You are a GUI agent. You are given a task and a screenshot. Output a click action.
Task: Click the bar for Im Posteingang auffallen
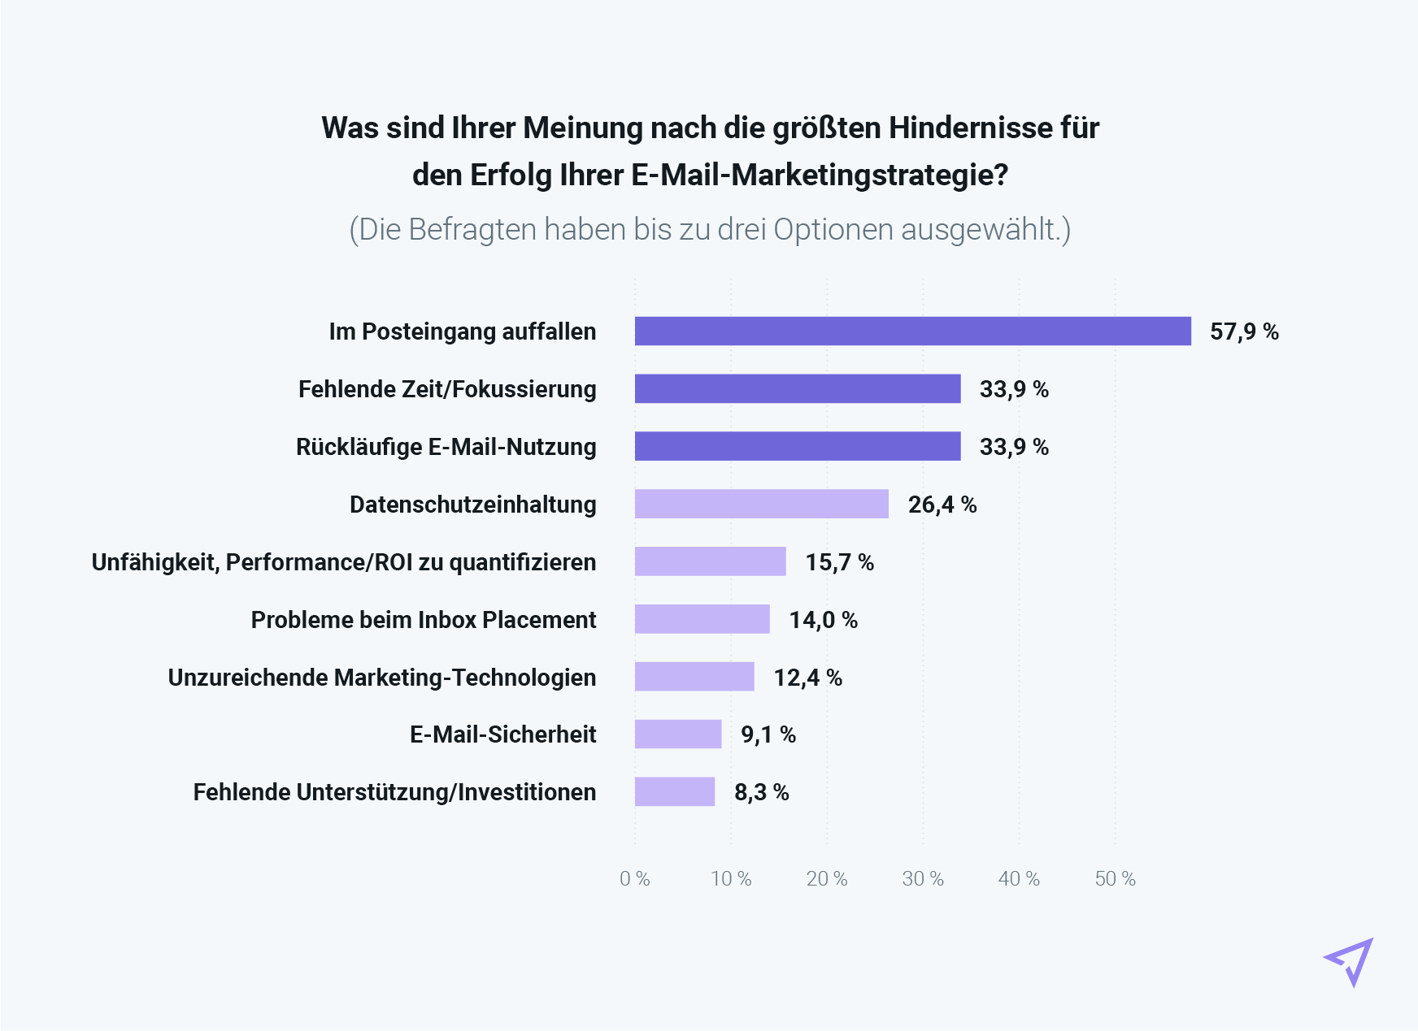coord(912,331)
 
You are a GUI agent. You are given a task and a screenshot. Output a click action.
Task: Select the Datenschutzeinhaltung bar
coord(761,504)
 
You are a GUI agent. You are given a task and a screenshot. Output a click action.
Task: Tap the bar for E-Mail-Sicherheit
coord(677,734)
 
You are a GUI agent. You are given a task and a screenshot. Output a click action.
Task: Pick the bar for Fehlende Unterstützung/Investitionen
coord(674,792)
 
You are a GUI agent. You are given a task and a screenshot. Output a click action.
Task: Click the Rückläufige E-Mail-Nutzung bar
coord(797,446)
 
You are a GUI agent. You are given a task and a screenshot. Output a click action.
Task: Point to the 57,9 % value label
coord(1244,331)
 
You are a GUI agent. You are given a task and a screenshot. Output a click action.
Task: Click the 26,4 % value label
coord(942,505)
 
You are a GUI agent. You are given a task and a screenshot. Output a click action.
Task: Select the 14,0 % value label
coord(823,620)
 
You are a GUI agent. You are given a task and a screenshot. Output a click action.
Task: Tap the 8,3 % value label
coord(761,792)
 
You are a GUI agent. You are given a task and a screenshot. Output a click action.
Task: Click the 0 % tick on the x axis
coord(634,879)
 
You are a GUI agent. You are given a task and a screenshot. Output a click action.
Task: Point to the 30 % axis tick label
coord(923,879)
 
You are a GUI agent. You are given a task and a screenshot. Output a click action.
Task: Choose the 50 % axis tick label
coord(1115,879)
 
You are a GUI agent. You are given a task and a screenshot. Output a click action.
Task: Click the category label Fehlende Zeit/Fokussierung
coord(447,389)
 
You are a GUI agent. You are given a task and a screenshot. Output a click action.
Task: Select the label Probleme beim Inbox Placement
coord(423,620)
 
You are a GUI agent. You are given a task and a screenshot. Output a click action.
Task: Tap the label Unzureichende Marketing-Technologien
coord(381,678)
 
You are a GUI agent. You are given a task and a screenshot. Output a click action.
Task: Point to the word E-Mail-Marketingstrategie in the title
coord(820,175)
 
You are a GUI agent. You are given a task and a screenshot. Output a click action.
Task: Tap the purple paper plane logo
coord(1350,961)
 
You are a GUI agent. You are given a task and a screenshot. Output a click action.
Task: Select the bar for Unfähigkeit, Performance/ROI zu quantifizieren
coord(710,561)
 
